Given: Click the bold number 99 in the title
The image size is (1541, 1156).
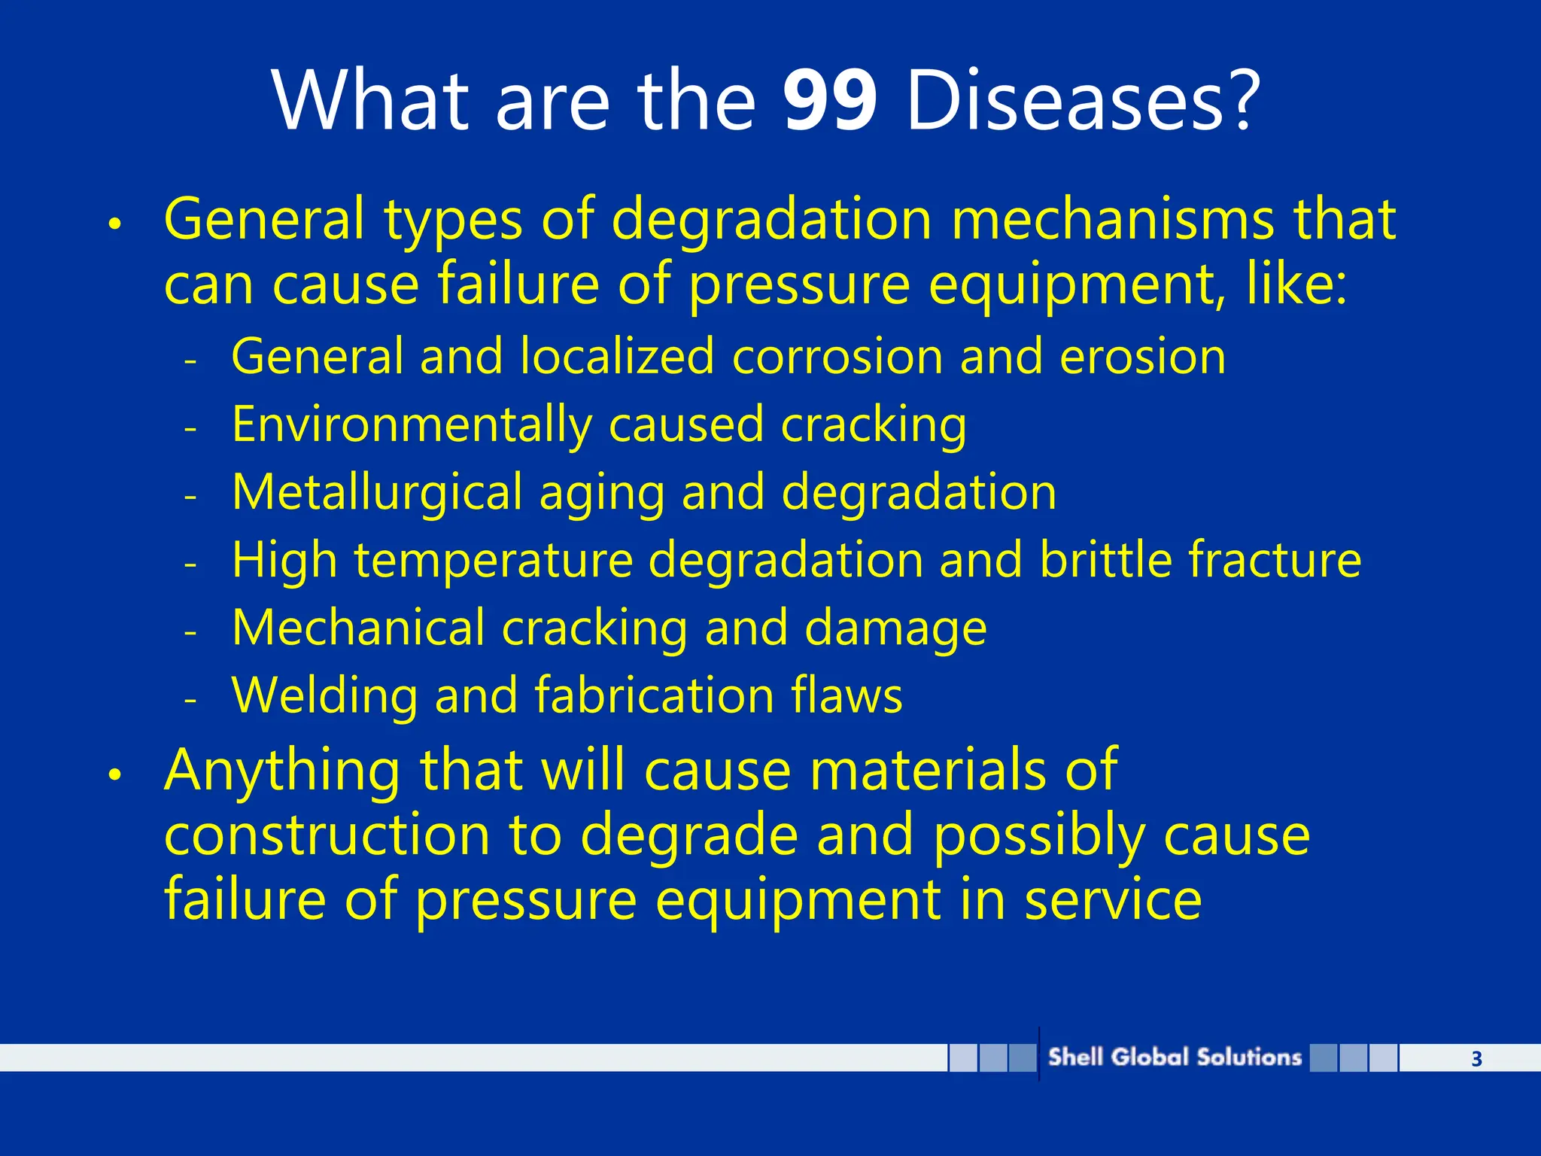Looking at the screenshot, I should pyautogui.click(x=829, y=101).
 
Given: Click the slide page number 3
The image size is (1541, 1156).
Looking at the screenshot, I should pyautogui.click(x=1476, y=1059).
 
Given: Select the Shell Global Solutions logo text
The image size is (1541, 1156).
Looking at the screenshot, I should pyautogui.click(x=1175, y=1057).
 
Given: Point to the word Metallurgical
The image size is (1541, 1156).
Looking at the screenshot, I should pyautogui.click(x=376, y=492).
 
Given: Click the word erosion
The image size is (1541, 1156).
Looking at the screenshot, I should pyautogui.click(x=1142, y=357).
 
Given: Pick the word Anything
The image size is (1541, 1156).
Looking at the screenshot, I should pyautogui.click(x=282, y=771).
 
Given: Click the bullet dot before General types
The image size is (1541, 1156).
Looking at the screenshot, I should pyautogui.click(x=114, y=224).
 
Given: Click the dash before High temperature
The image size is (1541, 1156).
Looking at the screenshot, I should pyautogui.click(x=190, y=563).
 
